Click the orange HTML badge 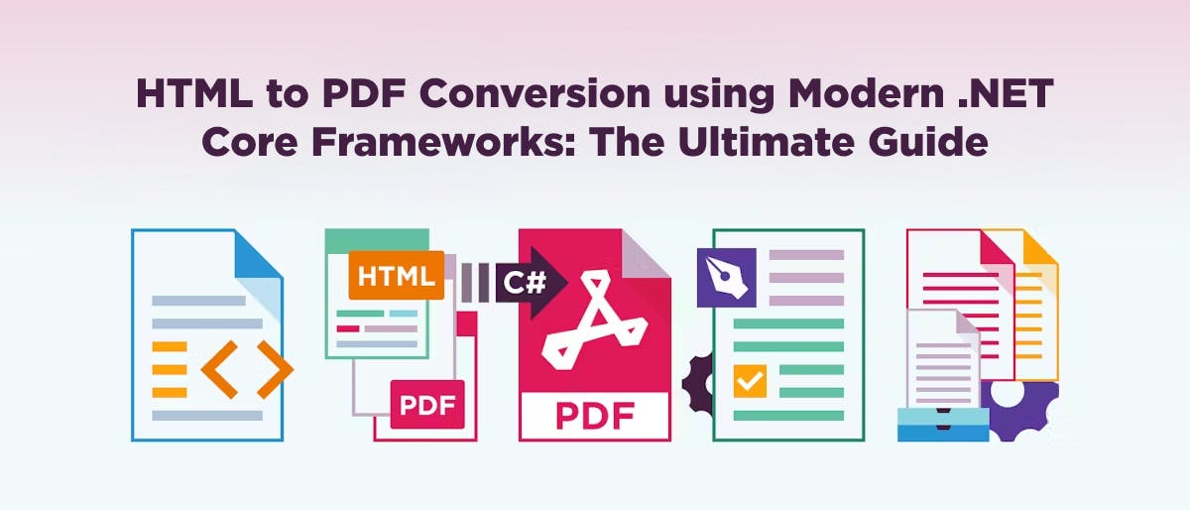(396, 275)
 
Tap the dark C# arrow (523, 283)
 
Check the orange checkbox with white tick (749, 380)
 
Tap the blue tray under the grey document (943, 424)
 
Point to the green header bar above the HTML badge (377, 239)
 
